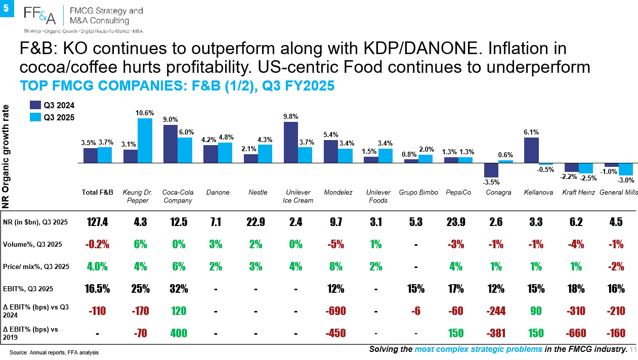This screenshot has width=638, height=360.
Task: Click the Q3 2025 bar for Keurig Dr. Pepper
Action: [x=145, y=141]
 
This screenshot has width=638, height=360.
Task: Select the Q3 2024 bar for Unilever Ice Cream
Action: [x=291, y=142]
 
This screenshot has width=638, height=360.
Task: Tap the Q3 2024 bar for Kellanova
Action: [x=531, y=150]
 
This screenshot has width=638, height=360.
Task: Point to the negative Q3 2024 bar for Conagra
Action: [x=491, y=170]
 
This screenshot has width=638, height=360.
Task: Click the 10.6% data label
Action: [x=145, y=113]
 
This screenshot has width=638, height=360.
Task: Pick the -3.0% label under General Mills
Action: [x=626, y=180]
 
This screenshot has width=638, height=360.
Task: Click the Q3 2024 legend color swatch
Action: [x=35, y=105]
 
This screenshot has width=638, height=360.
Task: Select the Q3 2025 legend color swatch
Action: [x=35, y=117]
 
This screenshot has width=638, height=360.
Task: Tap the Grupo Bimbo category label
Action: [x=418, y=192]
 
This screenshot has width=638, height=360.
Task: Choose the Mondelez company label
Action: [x=338, y=192]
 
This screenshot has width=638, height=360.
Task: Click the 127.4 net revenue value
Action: [x=98, y=222]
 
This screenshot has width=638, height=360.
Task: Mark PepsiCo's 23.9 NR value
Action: [x=456, y=222]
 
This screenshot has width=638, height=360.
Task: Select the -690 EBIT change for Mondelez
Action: [x=336, y=311]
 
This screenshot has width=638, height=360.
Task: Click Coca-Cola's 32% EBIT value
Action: [x=179, y=289]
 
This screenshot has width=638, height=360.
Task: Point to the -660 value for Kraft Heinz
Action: [x=576, y=333]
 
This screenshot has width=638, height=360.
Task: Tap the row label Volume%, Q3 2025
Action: [x=32, y=244]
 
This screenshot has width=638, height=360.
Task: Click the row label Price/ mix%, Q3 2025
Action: [x=36, y=266]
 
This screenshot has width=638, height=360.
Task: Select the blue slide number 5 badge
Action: [x=7, y=9]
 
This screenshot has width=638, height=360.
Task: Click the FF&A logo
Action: [x=39, y=16]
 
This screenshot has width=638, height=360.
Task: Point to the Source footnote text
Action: [x=54, y=352]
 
